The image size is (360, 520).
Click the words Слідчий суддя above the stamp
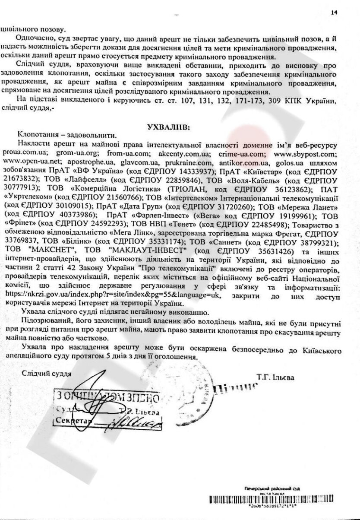[46, 372]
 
